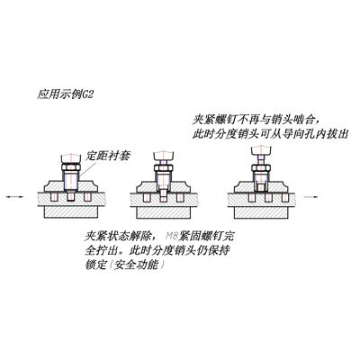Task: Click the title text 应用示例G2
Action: (66, 94)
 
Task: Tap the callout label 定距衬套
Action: (108, 156)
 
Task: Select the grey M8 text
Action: (172, 237)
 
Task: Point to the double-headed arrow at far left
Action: (14, 197)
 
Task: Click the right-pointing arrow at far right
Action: (312, 197)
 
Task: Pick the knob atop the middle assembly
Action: (164, 155)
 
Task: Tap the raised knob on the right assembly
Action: (261, 150)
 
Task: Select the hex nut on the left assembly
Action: (71, 167)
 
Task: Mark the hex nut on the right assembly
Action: (261, 168)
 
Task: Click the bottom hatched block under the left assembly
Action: (71, 211)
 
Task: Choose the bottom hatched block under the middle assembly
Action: (164, 212)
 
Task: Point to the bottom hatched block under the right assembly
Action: (261, 212)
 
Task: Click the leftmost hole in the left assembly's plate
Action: (54, 197)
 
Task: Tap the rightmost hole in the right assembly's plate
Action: (284, 198)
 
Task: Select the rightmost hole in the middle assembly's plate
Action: (180, 198)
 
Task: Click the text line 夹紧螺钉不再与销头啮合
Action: (256, 120)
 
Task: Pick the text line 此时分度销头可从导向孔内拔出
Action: (271, 134)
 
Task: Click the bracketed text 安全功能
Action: (137, 265)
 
